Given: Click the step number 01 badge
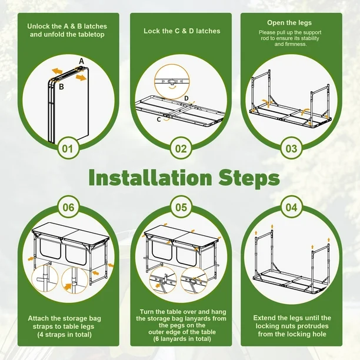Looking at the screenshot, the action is click(68, 149).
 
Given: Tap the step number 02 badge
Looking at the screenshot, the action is click(181, 149).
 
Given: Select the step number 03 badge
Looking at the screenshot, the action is click(291, 149).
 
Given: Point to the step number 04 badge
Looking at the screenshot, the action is click(291, 207).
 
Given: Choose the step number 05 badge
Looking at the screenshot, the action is click(181, 207).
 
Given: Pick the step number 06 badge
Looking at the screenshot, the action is click(68, 207).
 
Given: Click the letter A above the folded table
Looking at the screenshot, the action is click(82, 61).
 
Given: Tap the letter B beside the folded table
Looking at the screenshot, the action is click(61, 87).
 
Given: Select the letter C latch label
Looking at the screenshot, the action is click(159, 119).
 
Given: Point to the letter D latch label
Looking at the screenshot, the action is click(186, 98).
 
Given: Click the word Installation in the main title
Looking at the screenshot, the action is click(150, 178).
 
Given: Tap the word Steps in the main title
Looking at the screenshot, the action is click(249, 178).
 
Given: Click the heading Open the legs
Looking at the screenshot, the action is click(289, 23).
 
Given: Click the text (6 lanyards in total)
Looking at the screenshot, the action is click(182, 339).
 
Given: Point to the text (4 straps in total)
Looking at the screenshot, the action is click(65, 335).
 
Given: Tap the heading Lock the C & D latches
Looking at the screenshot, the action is click(182, 31).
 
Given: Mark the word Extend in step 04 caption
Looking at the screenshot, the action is click(264, 318).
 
